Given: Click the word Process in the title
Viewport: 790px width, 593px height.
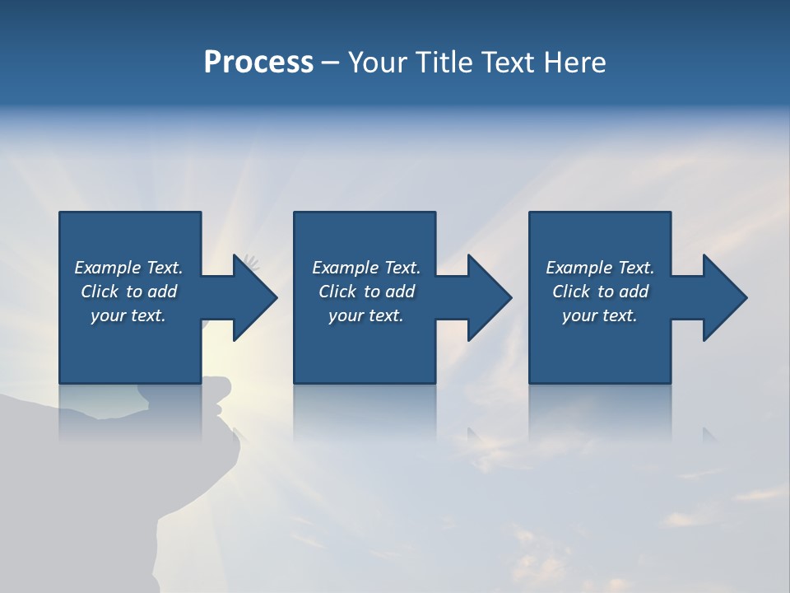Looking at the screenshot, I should (x=258, y=63).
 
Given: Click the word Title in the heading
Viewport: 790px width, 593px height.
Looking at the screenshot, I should (x=445, y=63).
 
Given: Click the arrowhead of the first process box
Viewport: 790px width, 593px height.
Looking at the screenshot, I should (x=254, y=297).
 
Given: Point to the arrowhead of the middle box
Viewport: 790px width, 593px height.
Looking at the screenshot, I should (x=489, y=297).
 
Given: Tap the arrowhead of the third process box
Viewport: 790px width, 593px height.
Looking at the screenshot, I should (x=724, y=297).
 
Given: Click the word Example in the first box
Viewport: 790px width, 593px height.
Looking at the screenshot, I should (x=107, y=268).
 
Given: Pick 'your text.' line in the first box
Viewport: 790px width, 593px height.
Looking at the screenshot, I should (x=128, y=315).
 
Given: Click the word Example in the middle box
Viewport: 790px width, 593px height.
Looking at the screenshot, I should (x=345, y=268).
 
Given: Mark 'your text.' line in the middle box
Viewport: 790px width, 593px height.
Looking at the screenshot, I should (x=366, y=315).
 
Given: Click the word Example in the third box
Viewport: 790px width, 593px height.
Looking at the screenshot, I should (x=579, y=268).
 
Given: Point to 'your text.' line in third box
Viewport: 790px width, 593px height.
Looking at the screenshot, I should (x=600, y=315).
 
